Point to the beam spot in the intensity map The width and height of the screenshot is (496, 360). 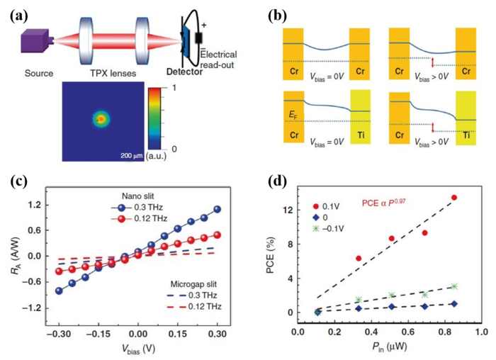tap(101, 118)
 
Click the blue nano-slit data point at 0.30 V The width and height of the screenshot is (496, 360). tap(217, 209)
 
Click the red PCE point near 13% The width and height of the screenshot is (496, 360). tap(454, 198)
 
